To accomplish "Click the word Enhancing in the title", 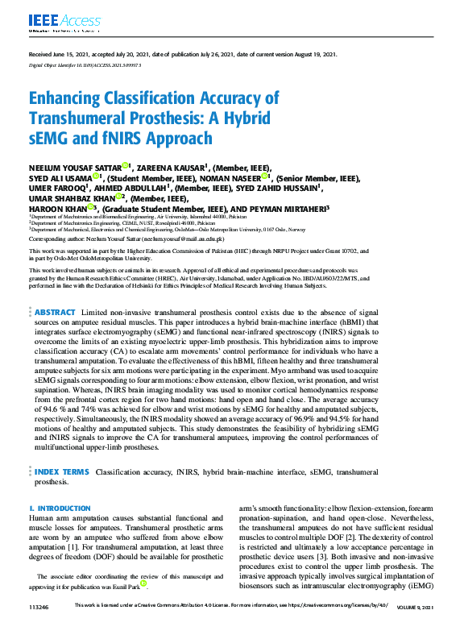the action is tap(73, 99).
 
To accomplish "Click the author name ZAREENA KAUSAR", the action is tap(172, 167).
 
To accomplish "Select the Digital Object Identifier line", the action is tap(79, 64).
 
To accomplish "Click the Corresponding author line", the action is tap(126, 239).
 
